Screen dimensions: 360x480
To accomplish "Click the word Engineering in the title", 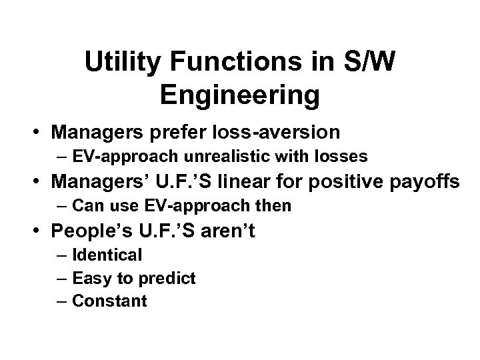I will (x=240, y=95).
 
